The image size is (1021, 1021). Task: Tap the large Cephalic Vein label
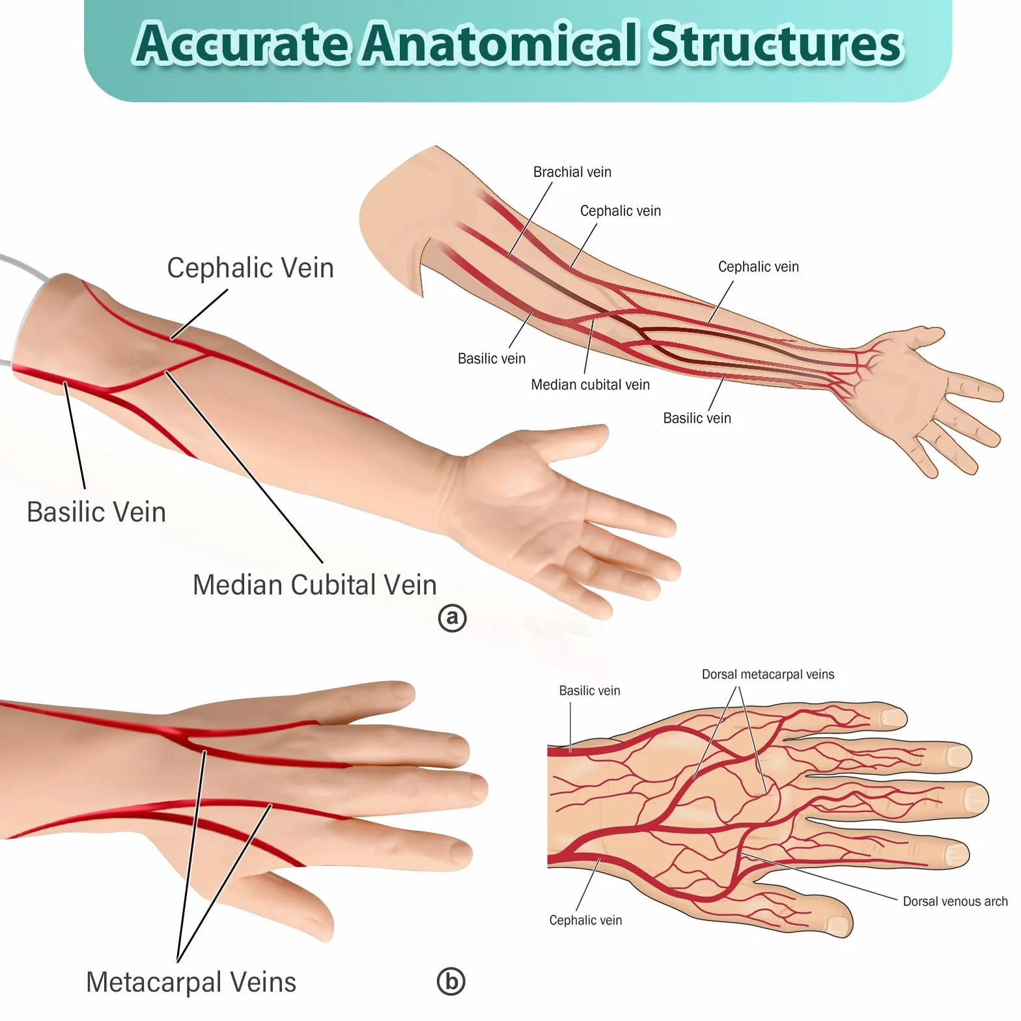[251, 268]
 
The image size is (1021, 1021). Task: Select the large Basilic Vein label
[96, 512]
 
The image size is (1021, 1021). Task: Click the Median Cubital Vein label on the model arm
[315, 585]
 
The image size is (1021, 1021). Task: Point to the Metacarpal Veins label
[191, 982]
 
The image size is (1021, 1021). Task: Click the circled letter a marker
[453, 618]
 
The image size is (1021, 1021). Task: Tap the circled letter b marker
[451, 981]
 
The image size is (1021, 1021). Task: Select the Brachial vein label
[572, 172]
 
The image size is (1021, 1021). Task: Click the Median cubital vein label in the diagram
[591, 385]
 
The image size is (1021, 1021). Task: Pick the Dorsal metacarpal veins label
[768, 675]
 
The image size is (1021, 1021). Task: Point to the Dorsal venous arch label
[955, 901]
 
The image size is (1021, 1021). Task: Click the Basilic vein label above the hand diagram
[589, 691]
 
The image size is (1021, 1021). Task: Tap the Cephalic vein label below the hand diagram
[585, 920]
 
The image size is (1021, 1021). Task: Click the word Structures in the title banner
[777, 43]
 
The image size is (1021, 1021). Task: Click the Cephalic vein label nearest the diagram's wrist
[759, 267]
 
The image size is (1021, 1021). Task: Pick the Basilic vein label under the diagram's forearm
[697, 418]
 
